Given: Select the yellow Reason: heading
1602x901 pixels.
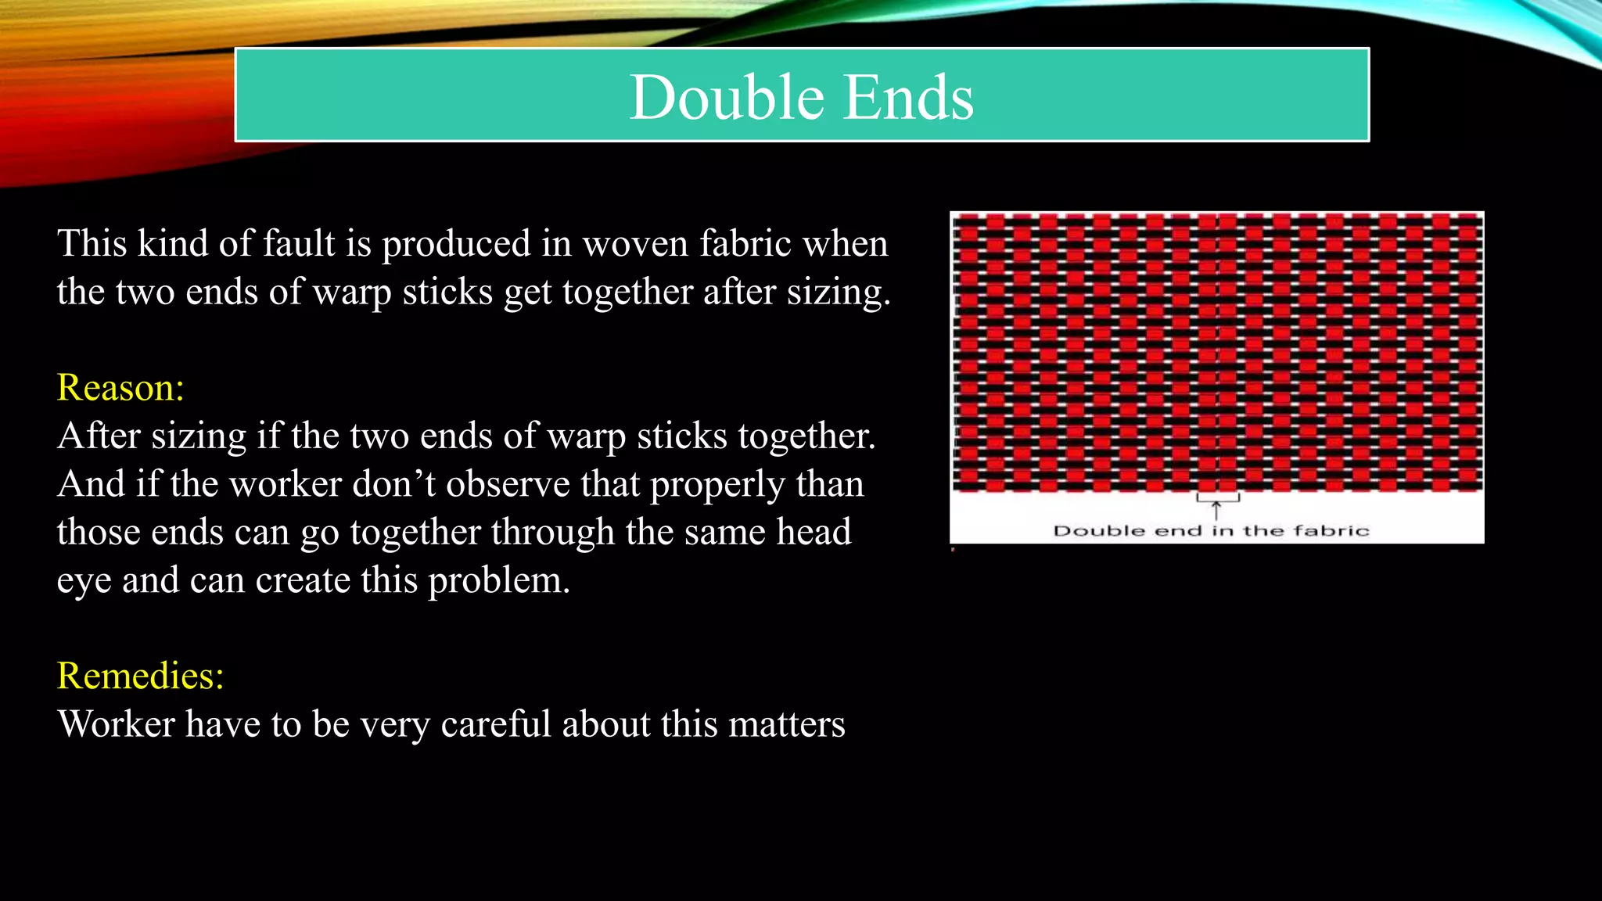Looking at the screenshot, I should (120, 387).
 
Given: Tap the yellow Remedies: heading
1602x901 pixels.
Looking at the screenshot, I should (140, 676).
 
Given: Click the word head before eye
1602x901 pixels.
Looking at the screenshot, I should (814, 533).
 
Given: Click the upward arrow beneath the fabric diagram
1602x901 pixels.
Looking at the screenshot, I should (1216, 510).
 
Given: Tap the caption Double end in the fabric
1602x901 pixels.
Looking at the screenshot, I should (1211, 531).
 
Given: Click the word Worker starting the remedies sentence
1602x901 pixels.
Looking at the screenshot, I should (116, 724).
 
